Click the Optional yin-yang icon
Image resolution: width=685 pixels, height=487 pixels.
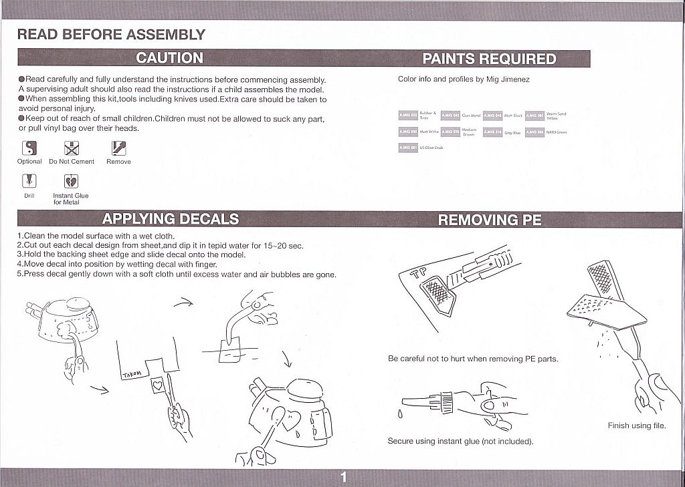[29, 148]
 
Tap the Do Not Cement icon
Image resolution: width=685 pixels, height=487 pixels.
[72, 148]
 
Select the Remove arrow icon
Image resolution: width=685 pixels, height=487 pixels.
[118, 148]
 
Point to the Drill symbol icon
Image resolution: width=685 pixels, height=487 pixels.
[29, 181]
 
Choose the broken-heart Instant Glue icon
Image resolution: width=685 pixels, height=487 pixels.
[72, 181]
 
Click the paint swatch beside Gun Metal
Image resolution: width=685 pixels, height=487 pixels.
[450, 115]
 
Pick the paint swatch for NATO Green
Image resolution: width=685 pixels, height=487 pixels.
[534, 132]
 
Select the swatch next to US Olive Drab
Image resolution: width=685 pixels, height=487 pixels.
[408, 147]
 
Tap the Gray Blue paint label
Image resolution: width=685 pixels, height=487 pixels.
[512, 132]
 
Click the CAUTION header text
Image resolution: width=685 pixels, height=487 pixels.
[170, 58]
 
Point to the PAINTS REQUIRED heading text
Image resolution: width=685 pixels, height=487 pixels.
[489, 59]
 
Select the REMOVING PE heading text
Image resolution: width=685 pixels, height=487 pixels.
[490, 220]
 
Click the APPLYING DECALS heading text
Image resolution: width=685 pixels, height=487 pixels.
[171, 219]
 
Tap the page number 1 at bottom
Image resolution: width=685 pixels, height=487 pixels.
[343, 477]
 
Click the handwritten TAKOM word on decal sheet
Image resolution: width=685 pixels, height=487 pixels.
[133, 375]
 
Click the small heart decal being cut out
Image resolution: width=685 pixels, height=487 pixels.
[157, 385]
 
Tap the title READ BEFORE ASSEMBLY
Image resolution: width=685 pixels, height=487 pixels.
[111, 35]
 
